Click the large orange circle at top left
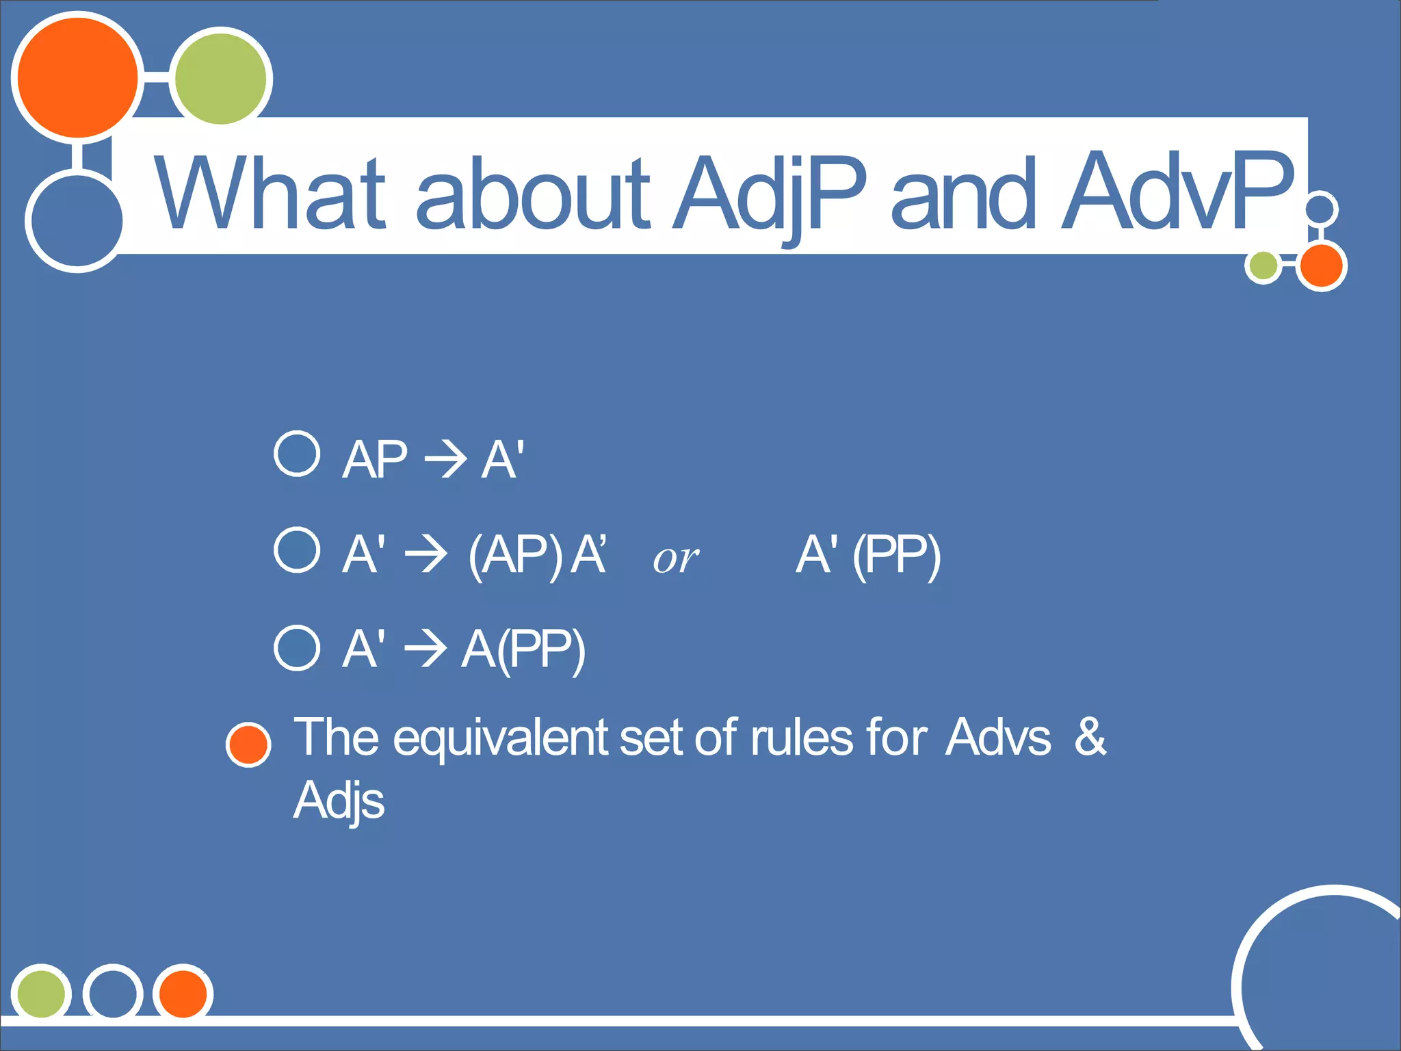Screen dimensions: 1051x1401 [x=77, y=77]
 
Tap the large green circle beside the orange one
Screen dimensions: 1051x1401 [x=220, y=79]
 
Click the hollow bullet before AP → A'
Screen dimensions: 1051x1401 [x=297, y=454]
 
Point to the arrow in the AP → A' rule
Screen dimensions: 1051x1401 [x=445, y=459]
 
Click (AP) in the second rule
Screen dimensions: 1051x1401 [x=514, y=555]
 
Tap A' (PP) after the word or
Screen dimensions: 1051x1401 [x=868, y=555]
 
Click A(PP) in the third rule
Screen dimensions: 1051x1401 [x=523, y=649]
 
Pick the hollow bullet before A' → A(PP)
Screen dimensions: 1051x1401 [x=297, y=647]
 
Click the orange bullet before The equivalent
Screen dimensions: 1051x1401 [x=248, y=744]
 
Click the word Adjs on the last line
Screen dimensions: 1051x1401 [x=339, y=801]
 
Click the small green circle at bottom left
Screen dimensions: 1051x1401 [x=41, y=993]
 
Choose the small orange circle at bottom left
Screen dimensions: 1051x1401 [x=183, y=993]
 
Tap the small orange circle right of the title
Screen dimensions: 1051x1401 [x=1321, y=266]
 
